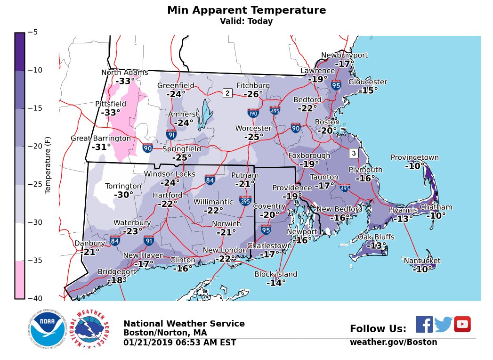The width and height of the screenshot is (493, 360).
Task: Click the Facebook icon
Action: [424, 324]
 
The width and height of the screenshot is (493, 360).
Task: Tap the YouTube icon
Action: [462, 324]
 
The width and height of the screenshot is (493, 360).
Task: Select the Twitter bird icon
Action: [443, 324]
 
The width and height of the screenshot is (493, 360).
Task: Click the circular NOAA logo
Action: [46, 330]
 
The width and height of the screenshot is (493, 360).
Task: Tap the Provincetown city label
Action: [414, 158]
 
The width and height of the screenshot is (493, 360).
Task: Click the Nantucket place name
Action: [422, 261]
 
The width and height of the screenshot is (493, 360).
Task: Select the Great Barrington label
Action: [101, 139]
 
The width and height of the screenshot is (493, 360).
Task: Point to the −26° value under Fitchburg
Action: [253, 94]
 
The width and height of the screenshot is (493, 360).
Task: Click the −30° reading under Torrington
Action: [123, 195]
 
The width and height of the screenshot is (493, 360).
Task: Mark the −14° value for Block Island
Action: [276, 283]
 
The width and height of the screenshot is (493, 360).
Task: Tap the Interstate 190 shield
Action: [253, 113]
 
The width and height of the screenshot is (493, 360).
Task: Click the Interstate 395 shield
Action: [245, 201]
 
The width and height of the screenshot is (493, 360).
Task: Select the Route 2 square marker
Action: [227, 93]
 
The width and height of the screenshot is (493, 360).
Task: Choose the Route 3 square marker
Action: [354, 153]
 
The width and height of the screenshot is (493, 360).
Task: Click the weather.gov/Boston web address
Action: [393, 342]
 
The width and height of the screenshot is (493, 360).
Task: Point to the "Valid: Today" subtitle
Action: [246, 21]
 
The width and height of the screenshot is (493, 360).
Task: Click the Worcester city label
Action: [253, 129]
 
